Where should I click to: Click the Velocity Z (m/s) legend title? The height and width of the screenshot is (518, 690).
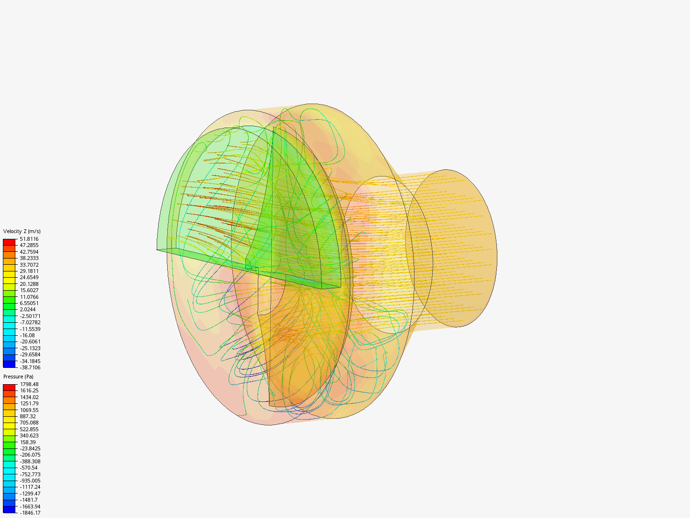point(22,231)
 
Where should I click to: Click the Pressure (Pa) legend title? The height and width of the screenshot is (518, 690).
point(18,377)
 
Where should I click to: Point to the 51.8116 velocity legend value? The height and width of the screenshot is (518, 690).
point(29,239)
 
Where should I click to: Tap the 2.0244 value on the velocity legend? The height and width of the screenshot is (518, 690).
point(28,309)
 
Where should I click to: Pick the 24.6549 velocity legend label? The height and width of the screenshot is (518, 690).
point(29,277)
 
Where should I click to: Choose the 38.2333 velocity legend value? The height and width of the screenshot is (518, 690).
point(29,258)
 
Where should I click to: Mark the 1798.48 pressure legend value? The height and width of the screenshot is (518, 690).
point(29,384)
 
